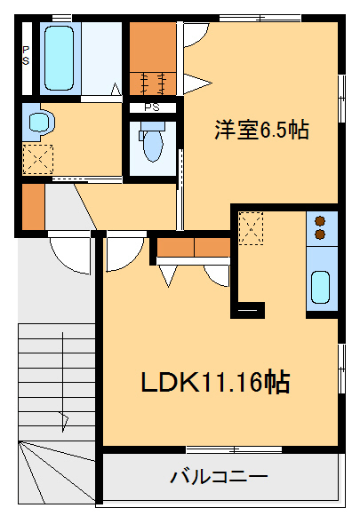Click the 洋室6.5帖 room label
pos(260,131)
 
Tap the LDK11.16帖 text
pos(214,382)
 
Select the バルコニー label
pos(219,477)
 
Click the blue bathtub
pos(60,56)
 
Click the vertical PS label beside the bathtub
pos(26,56)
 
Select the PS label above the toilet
pos(152,107)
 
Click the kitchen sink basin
pos(321,286)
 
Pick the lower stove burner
pos(321,234)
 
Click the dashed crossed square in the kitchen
pos(251,226)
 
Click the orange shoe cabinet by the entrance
pos(33,205)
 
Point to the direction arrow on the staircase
pos(62,417)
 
